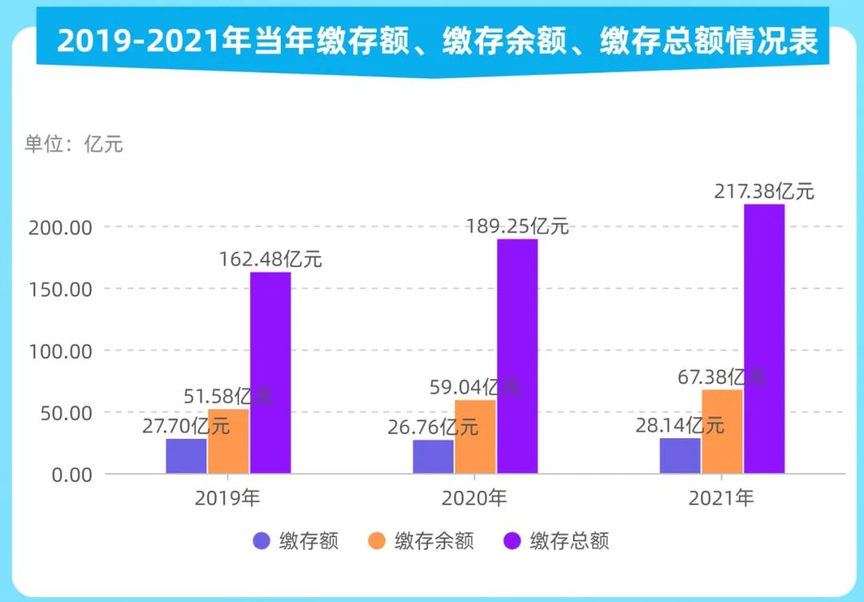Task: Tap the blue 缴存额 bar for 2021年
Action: point(680,456)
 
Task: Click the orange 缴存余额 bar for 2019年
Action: point(229,441)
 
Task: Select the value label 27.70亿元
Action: point(186,425)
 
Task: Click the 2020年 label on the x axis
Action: point(474,499)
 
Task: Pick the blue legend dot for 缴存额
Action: point(262,541)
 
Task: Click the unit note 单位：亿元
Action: point(74,145)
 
